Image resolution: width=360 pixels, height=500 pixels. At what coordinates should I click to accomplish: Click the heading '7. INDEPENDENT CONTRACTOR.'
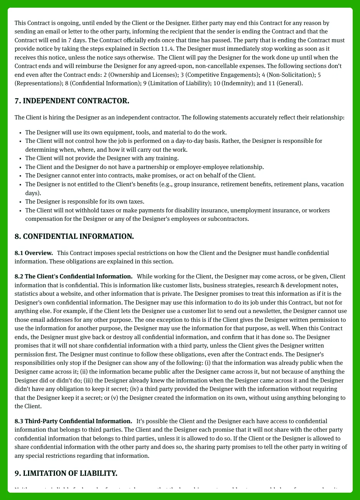72,101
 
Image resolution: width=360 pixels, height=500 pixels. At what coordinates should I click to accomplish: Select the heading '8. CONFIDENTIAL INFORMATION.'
74,237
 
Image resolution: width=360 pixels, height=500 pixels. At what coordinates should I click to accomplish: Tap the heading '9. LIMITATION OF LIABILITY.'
66,473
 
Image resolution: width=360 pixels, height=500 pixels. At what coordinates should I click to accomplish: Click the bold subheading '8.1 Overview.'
34,253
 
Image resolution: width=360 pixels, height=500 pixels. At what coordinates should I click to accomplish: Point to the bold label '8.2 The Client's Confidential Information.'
73,276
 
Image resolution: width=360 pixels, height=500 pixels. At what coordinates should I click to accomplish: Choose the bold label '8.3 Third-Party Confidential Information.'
73,421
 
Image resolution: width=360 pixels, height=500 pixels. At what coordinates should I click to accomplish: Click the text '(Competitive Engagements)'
222,75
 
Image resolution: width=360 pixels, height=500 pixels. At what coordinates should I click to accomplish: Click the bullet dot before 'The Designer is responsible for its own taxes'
20,202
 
